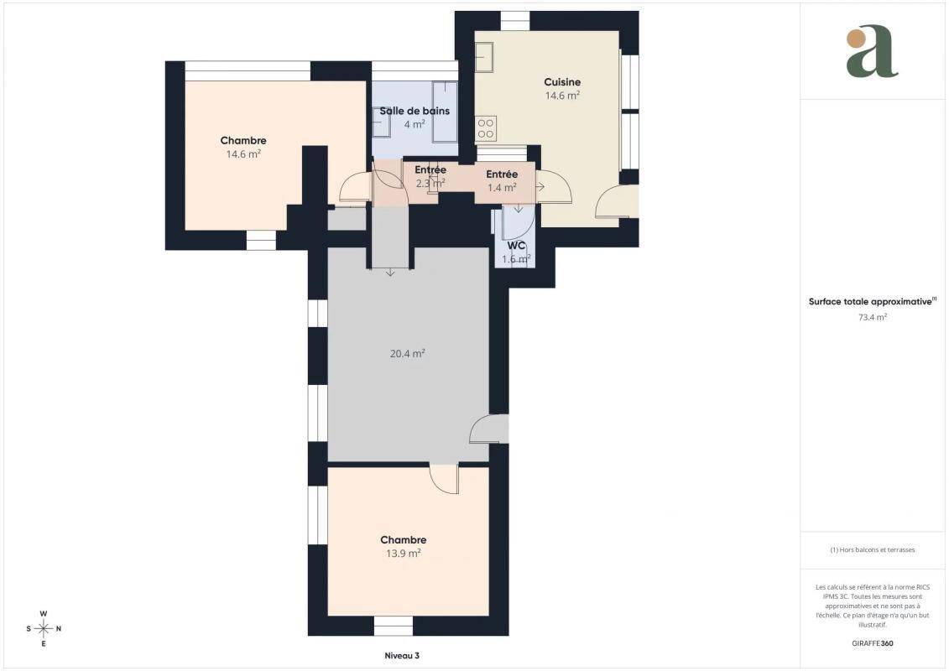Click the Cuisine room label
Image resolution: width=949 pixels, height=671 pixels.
pyautogui.click(x=561, y=81)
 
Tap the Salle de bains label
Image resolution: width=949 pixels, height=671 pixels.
pyautogui.click(x=415, y=111)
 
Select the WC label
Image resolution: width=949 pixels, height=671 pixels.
pyautogui.click(x=516, y=246)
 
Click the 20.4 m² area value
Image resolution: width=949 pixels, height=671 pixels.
pyautogui.click(x=407, y=353)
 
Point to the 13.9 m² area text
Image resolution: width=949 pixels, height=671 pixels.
pyautogui.click(x=403, y=553)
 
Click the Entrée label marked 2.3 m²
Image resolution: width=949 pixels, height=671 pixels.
pyautogui.click(x=430, y=170)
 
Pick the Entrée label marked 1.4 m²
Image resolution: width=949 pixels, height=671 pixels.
pyautogui.click(x=502, y=174)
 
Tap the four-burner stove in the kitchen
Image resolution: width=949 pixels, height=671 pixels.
pyautogui.click(x=485, y=128)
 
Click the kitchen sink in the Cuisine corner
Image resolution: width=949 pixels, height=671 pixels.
pyautogui.click(x=483, y=58)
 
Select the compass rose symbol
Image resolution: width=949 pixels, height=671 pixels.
pyautogui.click(x=44, y=629)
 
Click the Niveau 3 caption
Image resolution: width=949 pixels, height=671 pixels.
pyautogui.click(x=402, y=655)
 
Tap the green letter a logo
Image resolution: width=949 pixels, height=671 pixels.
pyautogui.click(x=872, y=51)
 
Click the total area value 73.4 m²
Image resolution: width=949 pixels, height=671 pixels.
pyautogui.click(x=872, y=317)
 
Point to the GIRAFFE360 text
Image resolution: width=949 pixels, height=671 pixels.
pyautogui.click(x=872, y=643)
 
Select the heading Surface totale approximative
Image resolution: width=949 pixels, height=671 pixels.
pyautogui.click(x=870, y=301)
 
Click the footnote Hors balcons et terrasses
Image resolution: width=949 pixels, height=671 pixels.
pyautogui.click(x=872, y=550)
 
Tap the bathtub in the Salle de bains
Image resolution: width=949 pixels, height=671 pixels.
pyautogui.click(x=445, y=112)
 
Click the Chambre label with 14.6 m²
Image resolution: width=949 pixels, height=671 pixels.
pyautogui.click(x=243, y=140)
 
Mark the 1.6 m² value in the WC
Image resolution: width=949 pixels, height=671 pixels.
pyautogui.click(x=516, y=259)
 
